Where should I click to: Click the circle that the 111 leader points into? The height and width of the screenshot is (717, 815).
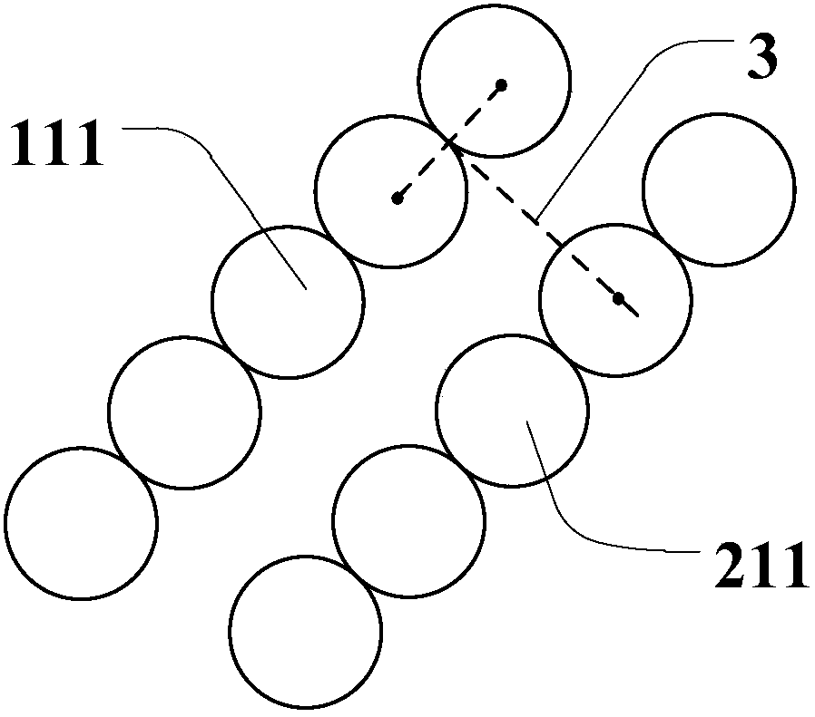[x=287, y=301]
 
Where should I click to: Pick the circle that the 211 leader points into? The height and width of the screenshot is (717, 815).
[x=512, y=411]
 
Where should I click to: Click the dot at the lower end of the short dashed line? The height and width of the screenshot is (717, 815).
[x=398, y=198]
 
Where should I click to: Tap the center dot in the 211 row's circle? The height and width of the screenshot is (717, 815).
[x=618, y=298]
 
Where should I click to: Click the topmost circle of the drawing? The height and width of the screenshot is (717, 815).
[x=495, y=82]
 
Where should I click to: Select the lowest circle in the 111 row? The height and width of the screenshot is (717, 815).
[x=81, y=523]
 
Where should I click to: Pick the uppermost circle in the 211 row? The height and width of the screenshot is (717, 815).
[x=719, y=189]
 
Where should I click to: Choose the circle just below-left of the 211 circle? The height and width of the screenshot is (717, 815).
[x=408, y=519]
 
